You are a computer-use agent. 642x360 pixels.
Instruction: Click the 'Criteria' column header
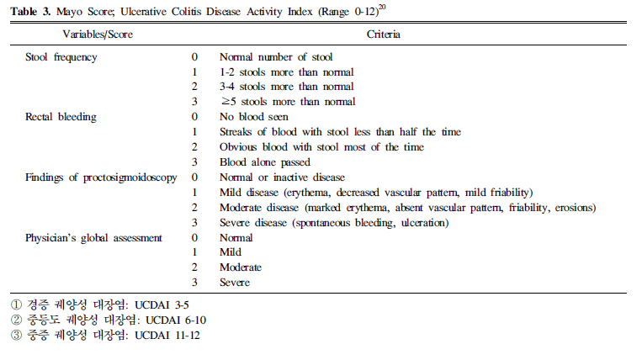(383, 34)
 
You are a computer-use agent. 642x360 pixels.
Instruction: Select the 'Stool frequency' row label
(61, 56)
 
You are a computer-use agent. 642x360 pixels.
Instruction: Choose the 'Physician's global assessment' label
(93, 238)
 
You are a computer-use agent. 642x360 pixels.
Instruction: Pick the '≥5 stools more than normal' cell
(286, 102)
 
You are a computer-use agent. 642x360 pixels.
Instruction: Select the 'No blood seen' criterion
(253, 117)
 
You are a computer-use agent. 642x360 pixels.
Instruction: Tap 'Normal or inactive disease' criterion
(282, 177)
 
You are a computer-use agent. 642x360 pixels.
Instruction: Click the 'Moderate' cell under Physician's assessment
(241, 268)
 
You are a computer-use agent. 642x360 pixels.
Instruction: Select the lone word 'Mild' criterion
(231, 253)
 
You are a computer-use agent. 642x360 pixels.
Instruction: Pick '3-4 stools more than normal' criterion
(286, 87)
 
